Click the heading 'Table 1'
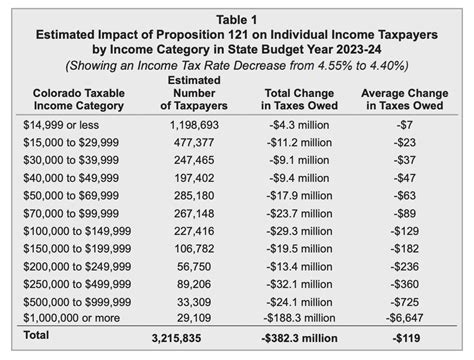tap(236, 17)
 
